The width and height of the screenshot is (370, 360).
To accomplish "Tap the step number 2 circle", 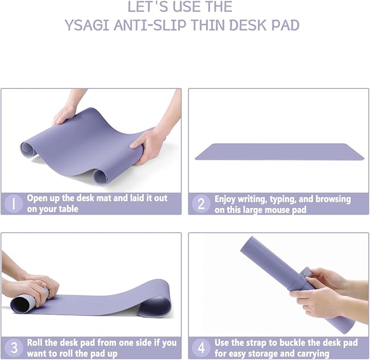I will pyautogui.click(x=201, y=204).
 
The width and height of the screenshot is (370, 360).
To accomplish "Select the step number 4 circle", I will pyautogui.click(x=201, y=347).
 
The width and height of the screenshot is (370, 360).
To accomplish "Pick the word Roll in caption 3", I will pyautogui.click(x=37, y=343).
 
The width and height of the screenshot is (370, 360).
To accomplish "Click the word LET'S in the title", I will pyautogui.click(x=147, y=7).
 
